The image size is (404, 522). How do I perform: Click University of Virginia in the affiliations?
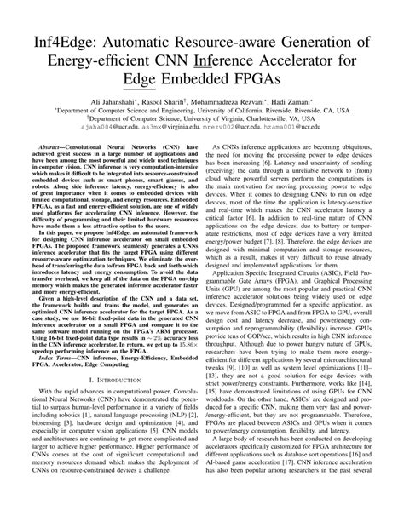click(x=207, y=118)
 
